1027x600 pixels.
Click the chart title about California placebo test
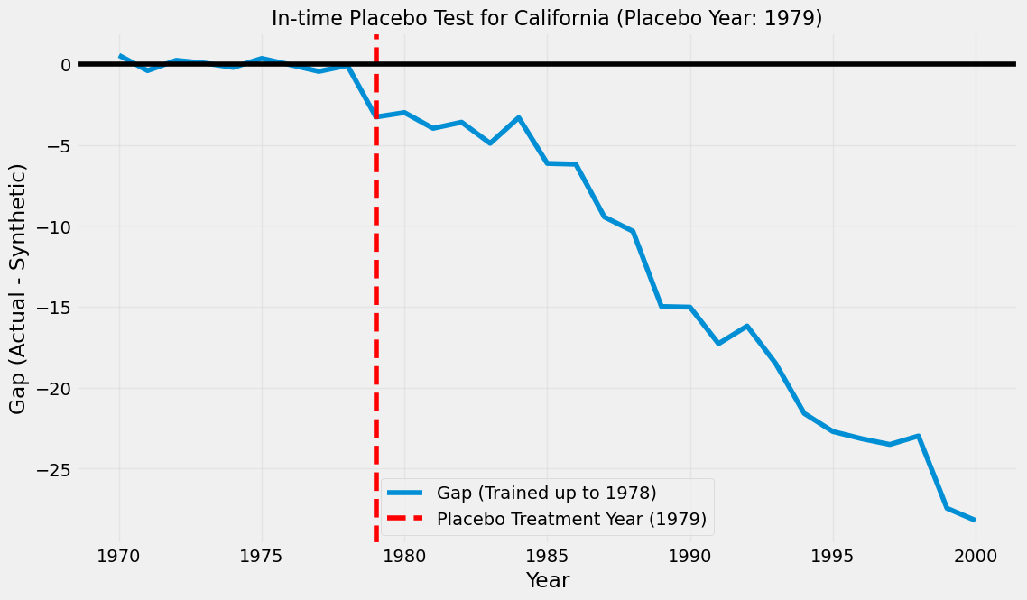pos(546,18)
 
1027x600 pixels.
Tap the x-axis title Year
pos(548,579)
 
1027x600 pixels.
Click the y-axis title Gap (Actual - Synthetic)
pos(18,289)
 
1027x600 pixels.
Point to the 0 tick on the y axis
pos(66,64)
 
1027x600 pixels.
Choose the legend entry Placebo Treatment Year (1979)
pos(546,519)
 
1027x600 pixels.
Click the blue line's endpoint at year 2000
pos(976,520)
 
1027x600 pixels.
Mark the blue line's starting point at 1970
pos(119,56)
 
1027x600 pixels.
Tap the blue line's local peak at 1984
pos(519,118)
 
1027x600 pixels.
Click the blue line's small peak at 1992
pos(746,326)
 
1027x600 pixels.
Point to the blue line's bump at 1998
pos(919,436)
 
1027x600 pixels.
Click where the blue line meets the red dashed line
pos(376,116)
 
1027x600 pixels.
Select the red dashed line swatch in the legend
pos(406,519)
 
